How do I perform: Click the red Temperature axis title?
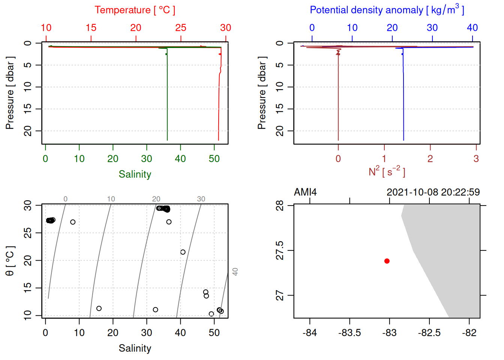tap(135, 10)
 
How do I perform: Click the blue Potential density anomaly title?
tap(387, 10)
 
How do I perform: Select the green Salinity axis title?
tap(135, 174)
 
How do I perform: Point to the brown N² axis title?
tap(387, 172)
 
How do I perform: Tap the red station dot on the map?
tap(387, 261)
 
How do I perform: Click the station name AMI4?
tap(305, 192)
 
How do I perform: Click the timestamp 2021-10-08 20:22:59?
tap(433, 192)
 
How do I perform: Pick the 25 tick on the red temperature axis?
tap(181, 28)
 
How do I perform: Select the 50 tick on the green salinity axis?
tap(214, 159)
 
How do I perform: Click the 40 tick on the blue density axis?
tap(472, 28)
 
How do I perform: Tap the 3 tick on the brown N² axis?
tap(476, 159)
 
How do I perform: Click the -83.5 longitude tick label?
tap(349, 333)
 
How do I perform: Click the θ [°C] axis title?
tap(10, 261)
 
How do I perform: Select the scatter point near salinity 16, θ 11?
tap(99, 308)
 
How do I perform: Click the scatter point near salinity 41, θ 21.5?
tap(183, 252)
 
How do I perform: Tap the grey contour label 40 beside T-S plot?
tap(235, 271)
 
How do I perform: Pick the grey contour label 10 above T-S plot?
tap(111, 199)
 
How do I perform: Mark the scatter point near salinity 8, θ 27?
tap(73, 222)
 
